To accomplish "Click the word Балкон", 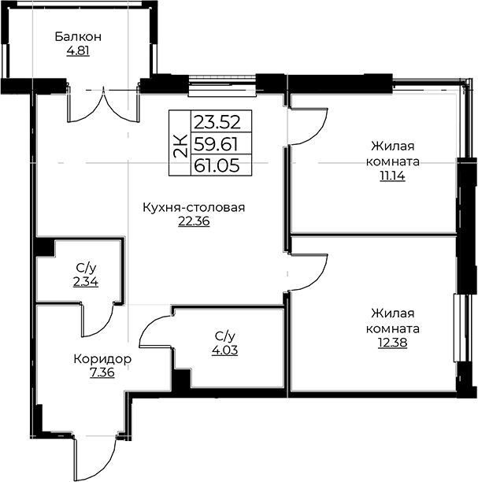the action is tap(78, 36).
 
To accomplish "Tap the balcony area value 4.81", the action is tap(78, 50).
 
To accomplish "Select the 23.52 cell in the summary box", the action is tap(217, 122).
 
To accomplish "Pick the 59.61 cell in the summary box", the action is tap(217, 144).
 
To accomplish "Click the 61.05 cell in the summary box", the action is tap(217, 166).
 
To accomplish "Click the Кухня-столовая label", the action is tap(194, 207).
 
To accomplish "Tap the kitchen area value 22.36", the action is tap(194, 221).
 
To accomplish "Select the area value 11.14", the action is tap(392, 176).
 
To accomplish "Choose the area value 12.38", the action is tap(392, 343).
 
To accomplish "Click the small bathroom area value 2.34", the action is tap(86, 282).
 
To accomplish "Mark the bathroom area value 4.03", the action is tap(224, 350).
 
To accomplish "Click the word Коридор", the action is tap(102, 358).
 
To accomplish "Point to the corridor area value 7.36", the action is tap(102, 373).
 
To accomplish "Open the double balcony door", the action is tap(103, 106).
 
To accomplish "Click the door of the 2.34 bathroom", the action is tap(98, 319).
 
